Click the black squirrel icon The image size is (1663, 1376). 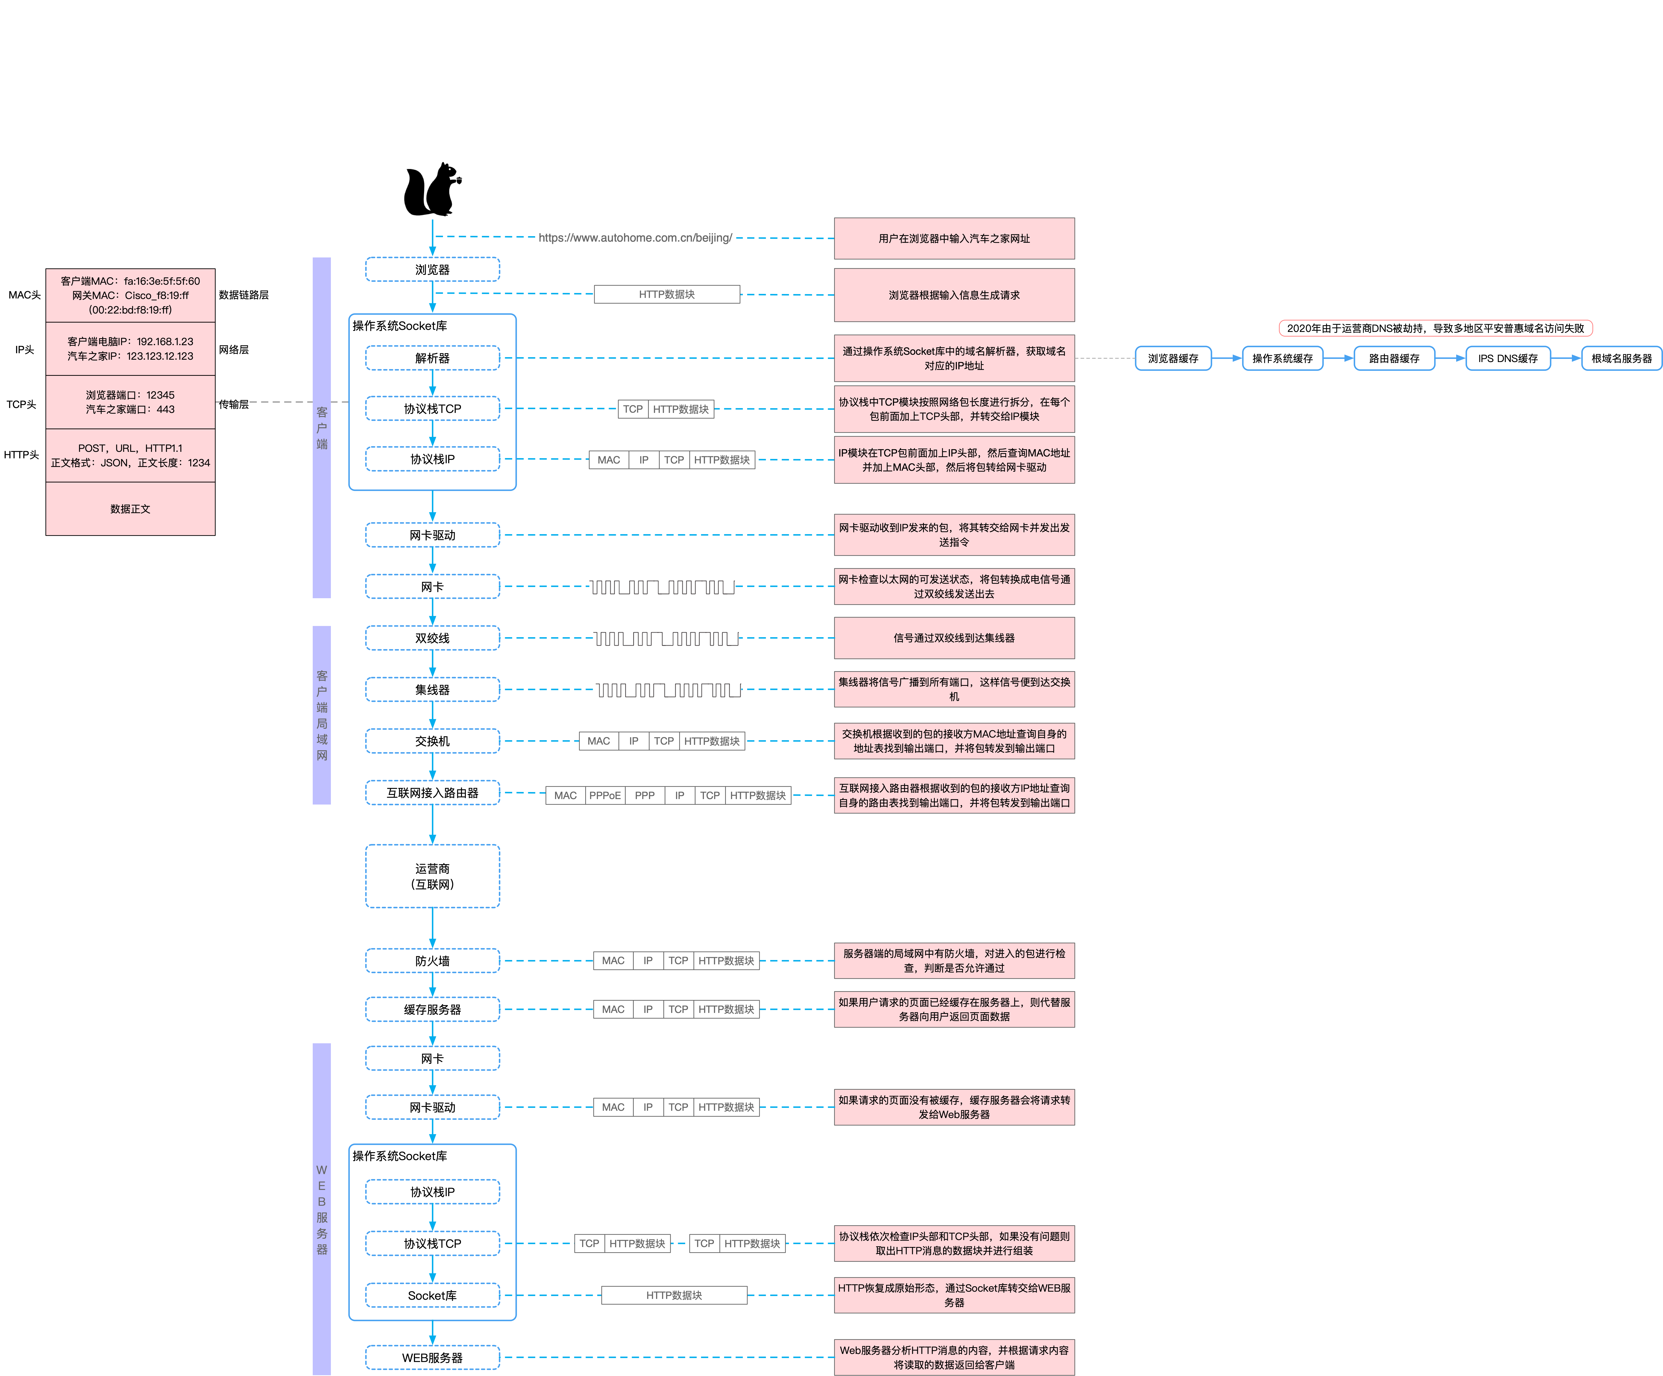(x=432, y=190)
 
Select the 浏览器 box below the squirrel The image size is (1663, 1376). (x=432, y=269)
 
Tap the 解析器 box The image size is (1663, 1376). (x=432, y=358)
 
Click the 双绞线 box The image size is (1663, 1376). (x=432, y=638)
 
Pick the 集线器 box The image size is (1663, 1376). (x=432, y=690)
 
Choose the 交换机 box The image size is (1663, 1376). (x=432, y=741)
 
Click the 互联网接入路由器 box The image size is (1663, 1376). (x=432, y=793)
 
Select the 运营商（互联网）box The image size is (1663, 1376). (x=432, y=876)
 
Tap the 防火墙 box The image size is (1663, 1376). (x=432, y=960)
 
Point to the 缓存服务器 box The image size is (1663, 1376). (x=432, y=1010)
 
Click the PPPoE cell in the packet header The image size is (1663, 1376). (x=605, y=796)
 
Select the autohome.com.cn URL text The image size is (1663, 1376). (x=635, y=237)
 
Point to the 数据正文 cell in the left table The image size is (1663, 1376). (x=131, y=509)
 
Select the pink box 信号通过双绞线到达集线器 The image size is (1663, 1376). (x=954, y=638)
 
